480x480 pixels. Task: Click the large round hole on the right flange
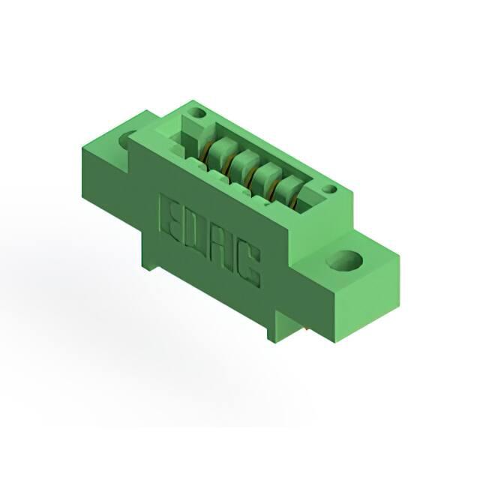pos(344,261)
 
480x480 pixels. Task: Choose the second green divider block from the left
pos(245,162)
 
